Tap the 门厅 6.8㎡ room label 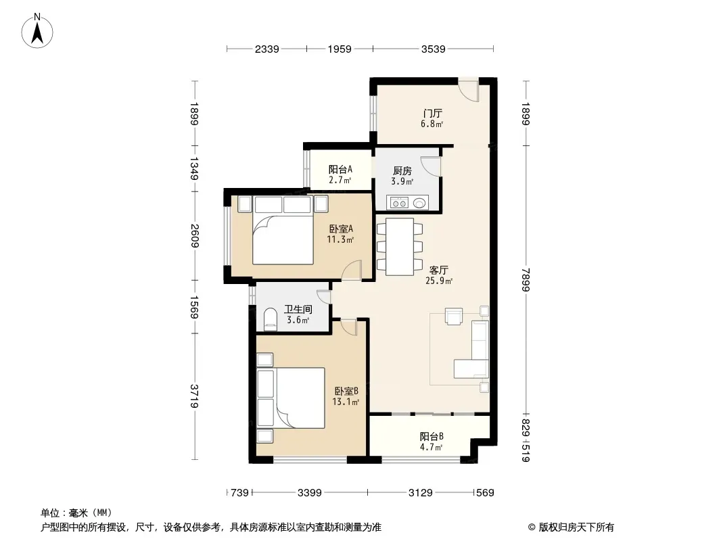coord(432,118)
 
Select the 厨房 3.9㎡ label coord(402,176)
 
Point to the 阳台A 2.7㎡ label coord(340,174)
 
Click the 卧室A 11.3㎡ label coord(341,234)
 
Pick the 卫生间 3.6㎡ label coord(298,314)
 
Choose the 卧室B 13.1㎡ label coord(346,396)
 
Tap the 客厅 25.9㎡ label coord(439,275)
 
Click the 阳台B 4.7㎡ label coord(432,442)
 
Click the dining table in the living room coord(400,247)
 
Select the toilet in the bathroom coord(270,319)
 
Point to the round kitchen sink coord(419,202)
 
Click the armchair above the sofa coord(454,316)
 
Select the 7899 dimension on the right coord(526,279)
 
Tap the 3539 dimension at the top coord(433,49)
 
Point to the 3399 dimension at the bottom coord(310,493)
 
